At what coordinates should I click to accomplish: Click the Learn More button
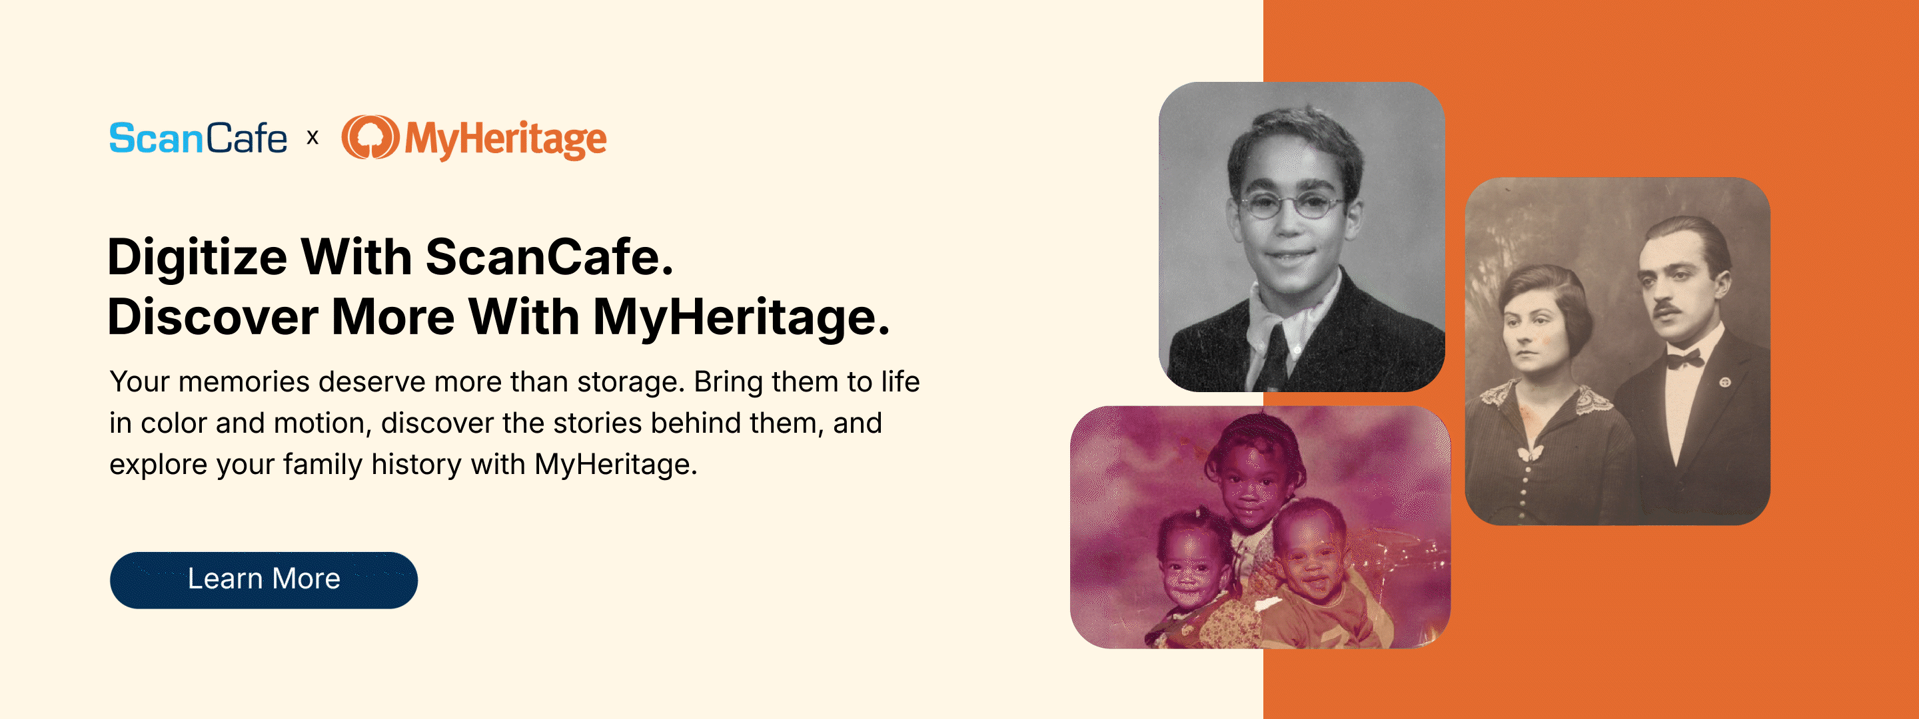264,580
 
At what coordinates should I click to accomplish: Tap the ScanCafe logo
198,138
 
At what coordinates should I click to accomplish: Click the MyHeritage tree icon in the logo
370,138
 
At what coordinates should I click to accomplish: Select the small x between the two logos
313,138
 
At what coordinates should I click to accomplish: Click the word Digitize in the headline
197,258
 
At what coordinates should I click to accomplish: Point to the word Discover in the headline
213,317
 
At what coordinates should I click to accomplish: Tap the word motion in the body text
322,423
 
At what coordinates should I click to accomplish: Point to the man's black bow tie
1685,360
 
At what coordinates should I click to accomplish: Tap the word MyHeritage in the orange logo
506,139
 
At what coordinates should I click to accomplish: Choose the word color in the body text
173,423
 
